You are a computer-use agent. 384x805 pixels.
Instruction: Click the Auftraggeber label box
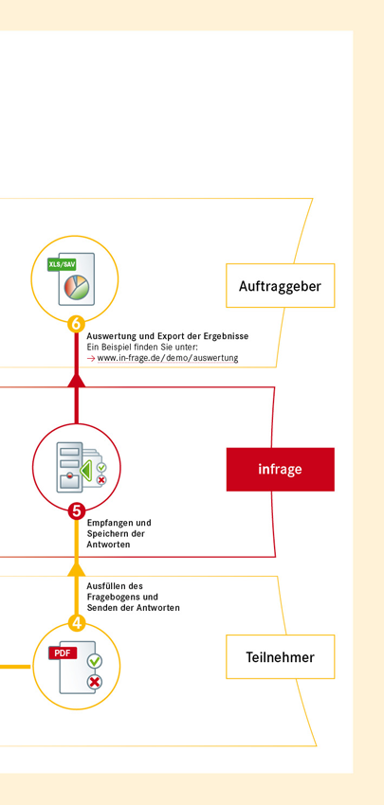[280, 285]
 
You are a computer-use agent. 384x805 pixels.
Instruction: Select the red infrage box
[280, 469]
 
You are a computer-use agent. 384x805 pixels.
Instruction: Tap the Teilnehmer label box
[280, 656]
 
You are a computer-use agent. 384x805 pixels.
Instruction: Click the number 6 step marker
[76, 325]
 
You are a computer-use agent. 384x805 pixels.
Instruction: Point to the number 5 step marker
[76, 511]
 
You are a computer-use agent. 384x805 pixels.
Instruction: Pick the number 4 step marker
[76, 624]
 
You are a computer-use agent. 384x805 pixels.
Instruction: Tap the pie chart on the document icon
[76, 287]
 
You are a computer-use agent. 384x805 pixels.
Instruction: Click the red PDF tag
[63, 653]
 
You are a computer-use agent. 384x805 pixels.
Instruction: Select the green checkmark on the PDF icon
[95, 661]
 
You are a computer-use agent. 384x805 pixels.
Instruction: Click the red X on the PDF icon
[95, 682]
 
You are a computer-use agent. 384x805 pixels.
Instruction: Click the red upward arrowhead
[76, 380]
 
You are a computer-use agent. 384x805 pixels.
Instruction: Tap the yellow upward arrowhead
[76, 568]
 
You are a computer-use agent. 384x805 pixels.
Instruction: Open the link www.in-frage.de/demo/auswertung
[168, 358]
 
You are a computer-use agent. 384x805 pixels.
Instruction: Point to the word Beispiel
[118, 347]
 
